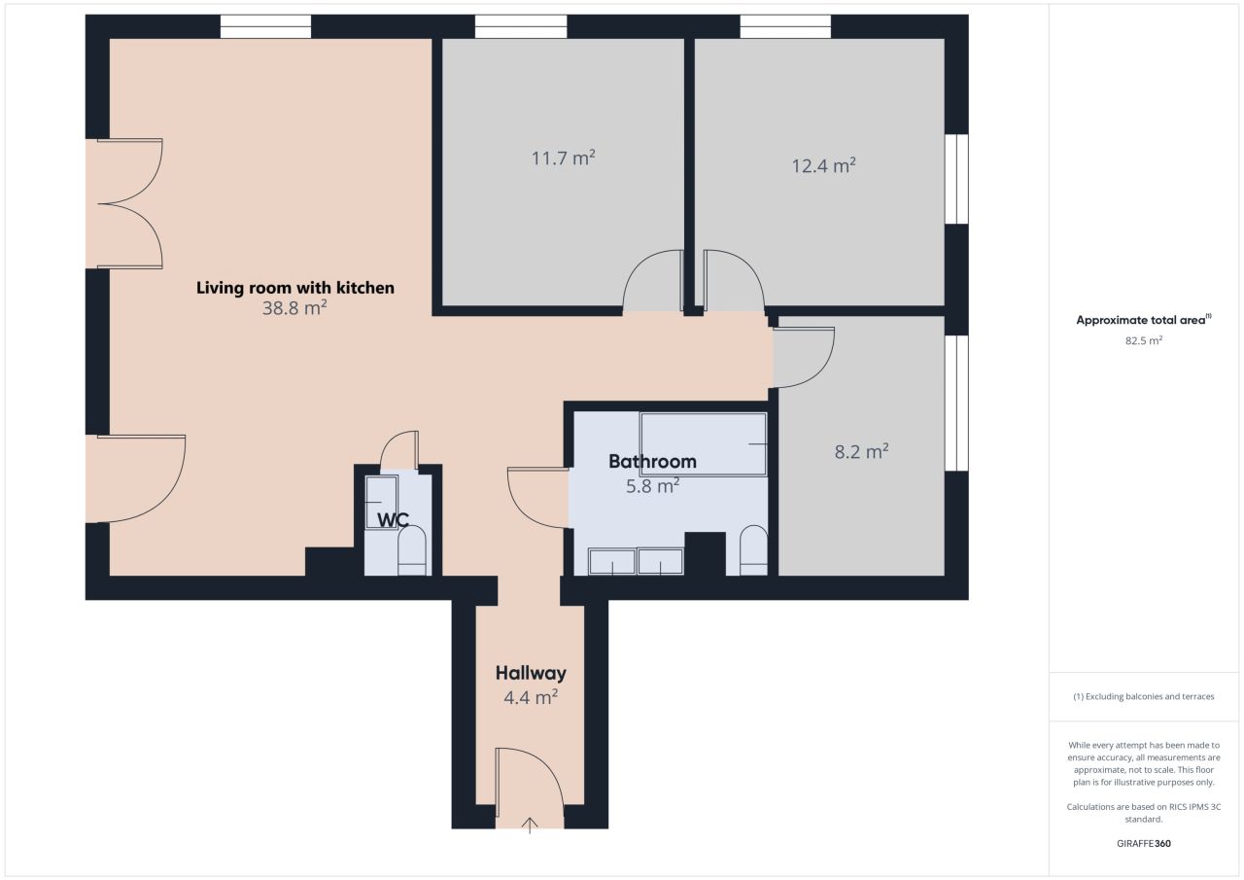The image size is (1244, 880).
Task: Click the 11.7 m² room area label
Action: coord(563,158)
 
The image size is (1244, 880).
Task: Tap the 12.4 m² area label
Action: coord(823,165)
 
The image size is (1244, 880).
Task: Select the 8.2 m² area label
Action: coord(861,451)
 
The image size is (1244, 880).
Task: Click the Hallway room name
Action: coord(531,673)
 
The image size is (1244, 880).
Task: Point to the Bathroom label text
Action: coord(652,461)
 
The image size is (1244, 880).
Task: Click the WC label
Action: coord(394,520)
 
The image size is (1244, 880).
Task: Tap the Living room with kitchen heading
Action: coord(295,288)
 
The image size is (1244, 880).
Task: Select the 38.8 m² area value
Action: coord(294,308)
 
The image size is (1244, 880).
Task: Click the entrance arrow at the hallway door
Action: coord(530,825)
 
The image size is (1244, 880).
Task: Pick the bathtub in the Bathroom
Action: coord(703,443)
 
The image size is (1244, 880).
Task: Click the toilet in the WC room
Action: coord(412,550)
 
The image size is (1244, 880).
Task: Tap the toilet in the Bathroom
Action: coord(753,550)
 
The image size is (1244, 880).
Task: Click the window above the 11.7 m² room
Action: coord(521,26)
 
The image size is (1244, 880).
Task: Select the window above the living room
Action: coord(265,26)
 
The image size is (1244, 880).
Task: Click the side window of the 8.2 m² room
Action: coord(956,404)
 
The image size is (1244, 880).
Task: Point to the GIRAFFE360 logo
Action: coord(1144,843)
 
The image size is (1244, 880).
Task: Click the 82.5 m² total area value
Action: coord(1144,340)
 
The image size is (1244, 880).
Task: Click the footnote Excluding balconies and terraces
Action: coord(1144,696)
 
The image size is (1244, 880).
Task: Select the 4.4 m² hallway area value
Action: coord(531,697)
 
